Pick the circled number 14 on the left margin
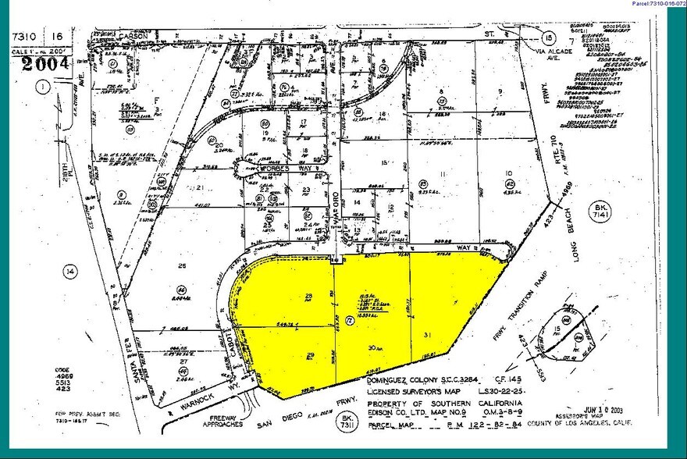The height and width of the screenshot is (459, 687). tap(71, 272)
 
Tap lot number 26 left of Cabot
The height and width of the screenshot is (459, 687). tap(183, 266)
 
